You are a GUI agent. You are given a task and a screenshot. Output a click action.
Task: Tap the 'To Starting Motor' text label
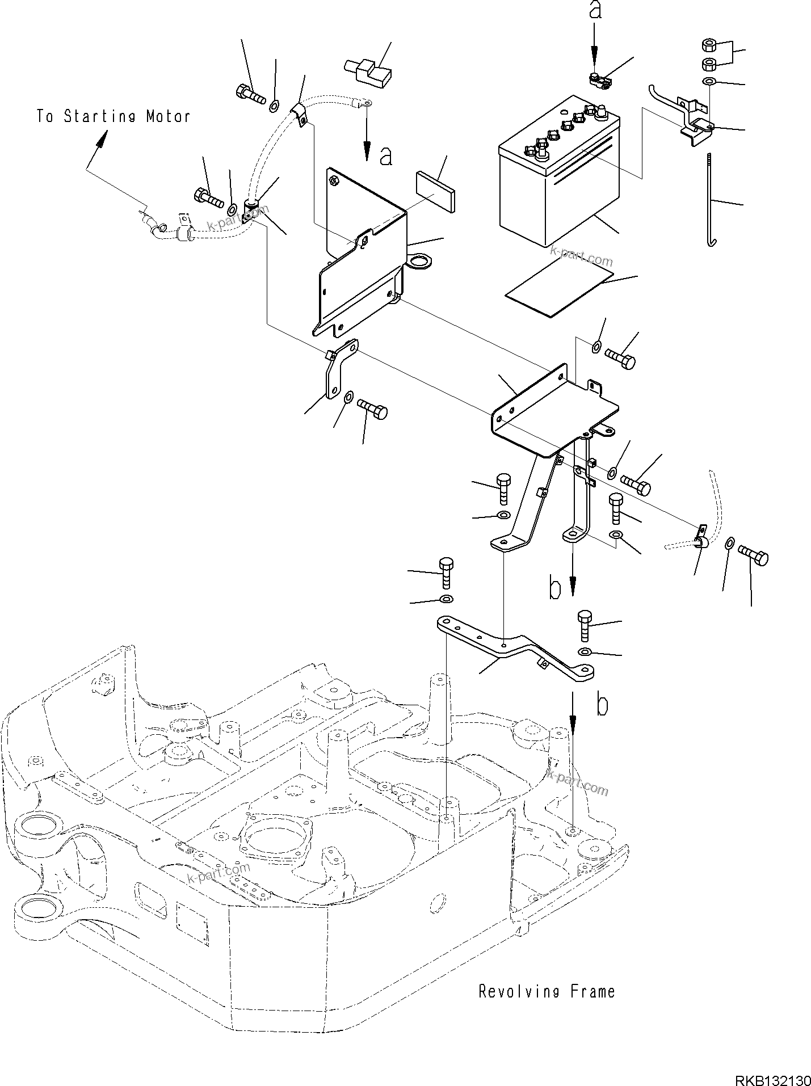[x=114, y=117]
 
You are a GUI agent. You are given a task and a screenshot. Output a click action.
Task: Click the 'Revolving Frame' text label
[x=546, y=992]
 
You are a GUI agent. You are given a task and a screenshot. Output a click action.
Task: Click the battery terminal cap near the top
[x=369, y=71]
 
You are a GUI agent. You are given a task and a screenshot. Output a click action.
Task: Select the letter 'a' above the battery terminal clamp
[x=594, y=11]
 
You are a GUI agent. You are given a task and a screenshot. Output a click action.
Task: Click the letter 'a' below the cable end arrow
[x=385, y=157]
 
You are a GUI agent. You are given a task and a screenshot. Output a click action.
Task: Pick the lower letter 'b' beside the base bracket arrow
[x=602, y=705]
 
